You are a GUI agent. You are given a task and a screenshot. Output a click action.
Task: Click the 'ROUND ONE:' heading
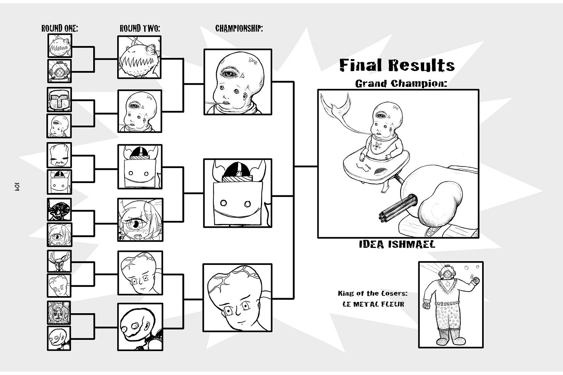60,28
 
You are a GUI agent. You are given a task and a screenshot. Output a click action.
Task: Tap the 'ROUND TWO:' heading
140,28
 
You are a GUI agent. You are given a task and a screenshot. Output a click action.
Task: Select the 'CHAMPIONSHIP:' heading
239,29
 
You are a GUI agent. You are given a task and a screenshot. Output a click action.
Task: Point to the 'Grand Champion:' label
401,83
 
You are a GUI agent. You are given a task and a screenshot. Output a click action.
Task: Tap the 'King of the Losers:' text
372,293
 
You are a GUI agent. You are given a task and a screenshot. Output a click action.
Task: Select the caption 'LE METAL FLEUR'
373,304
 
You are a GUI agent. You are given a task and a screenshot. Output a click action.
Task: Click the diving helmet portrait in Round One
60,71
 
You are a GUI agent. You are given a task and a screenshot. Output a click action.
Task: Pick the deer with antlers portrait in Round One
60,261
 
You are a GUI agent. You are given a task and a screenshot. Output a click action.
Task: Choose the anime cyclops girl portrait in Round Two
140,220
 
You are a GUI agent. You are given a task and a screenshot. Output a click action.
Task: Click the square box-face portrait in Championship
238,193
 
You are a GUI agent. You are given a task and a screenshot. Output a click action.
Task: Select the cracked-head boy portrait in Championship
237,297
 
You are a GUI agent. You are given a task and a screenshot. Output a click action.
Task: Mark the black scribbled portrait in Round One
59,210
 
